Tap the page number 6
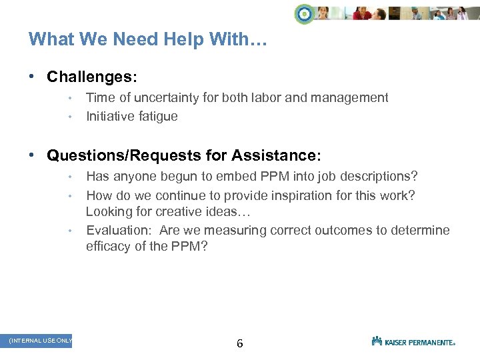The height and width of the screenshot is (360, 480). click(240, 344)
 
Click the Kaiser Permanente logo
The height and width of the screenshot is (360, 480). click(413, 341)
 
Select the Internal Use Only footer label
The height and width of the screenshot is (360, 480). click(41, 341)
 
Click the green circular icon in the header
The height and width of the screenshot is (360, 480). click(305, 13)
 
